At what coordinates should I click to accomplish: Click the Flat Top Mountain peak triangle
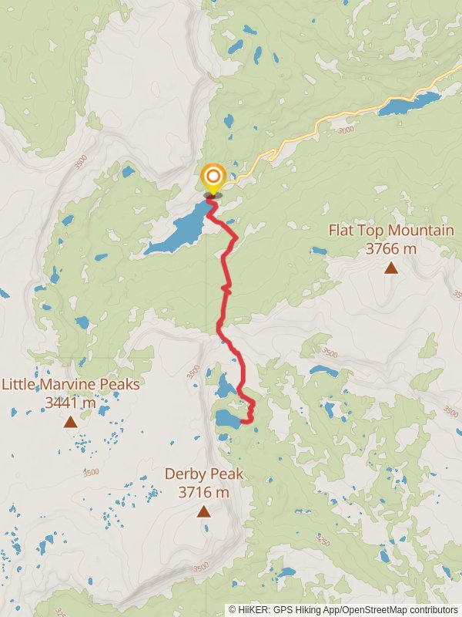(391, 268)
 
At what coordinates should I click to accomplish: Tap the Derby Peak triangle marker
(203, 511)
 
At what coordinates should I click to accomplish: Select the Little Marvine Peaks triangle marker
(70, 421)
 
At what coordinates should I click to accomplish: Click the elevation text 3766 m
(390, 248)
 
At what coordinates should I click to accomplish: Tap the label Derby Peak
(203, 474)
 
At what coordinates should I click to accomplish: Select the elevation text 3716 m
(203, 492)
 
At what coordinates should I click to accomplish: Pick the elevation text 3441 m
(70, 402)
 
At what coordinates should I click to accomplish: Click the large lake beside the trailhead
(179, 230)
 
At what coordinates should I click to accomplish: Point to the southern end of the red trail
(243, 421)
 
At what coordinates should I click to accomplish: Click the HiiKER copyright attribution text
(343, 609)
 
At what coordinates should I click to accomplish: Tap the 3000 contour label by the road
(346, 130)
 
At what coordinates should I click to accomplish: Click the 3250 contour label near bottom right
(322, 542)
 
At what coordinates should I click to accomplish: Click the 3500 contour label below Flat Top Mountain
(329, 353)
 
